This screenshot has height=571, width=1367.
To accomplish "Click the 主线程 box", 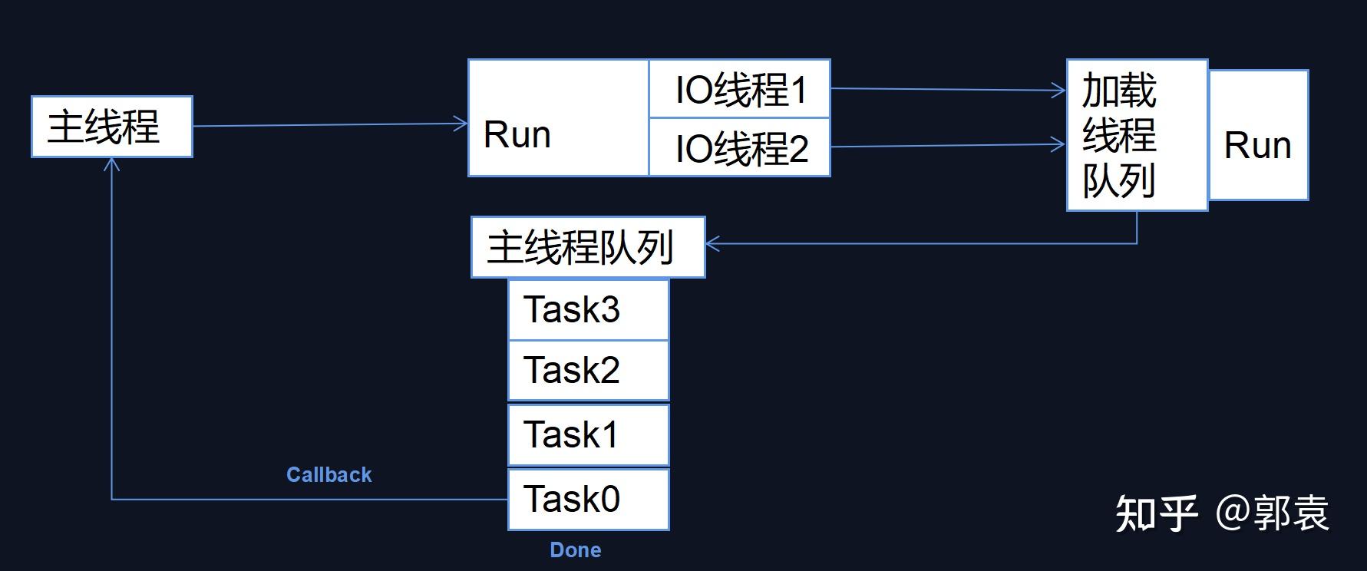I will (x=112, y=127).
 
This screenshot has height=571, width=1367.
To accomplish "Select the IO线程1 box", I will (x=740, y=89).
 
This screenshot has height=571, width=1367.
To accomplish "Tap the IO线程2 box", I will (x=740, y=147).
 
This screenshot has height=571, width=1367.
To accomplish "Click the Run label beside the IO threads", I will (x=517, y=135).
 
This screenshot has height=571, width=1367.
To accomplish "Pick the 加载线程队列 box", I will (x=1136, y=135).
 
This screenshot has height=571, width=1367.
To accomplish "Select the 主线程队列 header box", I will (x=587, y=247).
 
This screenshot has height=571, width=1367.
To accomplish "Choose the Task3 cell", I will (x=588, y=310).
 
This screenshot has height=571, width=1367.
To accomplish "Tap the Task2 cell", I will (x=588, y=371).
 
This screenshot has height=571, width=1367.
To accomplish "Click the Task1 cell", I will (x=588, y=435).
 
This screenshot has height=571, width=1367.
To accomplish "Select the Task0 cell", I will (x=588, y=499).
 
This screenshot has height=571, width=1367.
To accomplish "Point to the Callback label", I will (x=329, y=475).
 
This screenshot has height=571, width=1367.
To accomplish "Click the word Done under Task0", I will (x=576, y=550).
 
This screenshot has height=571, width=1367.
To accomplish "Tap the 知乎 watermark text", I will (x=1156, y=513).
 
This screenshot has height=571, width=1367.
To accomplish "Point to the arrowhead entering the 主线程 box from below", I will (x=112, y=163).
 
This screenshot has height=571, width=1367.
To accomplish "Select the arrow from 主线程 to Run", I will (x=330, y=125).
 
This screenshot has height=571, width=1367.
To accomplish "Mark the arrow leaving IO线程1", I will (x=948, y=90).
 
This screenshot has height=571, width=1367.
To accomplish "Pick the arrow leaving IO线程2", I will (x=948, y=146).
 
